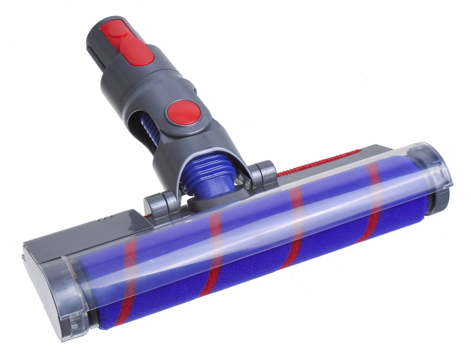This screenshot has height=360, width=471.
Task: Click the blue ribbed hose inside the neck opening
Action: pyautogui.click(x=150, y=131)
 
